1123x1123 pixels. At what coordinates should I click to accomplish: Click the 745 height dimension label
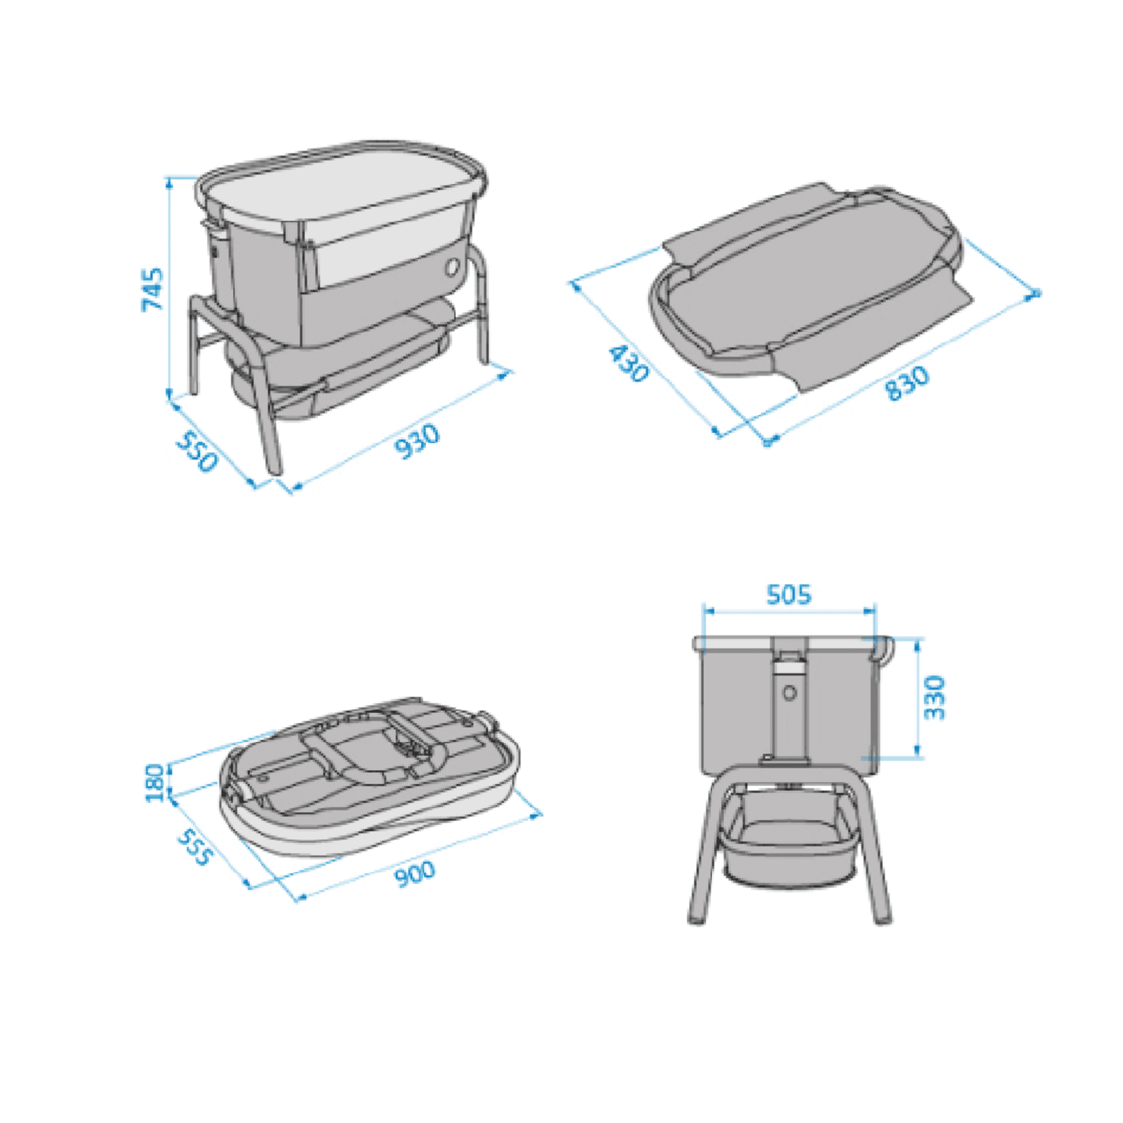click(152, 288)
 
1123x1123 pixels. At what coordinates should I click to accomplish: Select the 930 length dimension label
click(417, 442)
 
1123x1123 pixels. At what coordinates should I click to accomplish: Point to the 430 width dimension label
click(627, 363)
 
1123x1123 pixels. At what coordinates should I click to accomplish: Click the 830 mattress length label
click(907, 383)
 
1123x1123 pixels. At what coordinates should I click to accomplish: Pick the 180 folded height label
click(154, 782)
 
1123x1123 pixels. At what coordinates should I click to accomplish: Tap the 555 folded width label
click(194, 847)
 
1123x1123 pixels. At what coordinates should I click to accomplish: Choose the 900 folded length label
click(415, 875)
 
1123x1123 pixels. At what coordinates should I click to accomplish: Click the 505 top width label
click(789, 594)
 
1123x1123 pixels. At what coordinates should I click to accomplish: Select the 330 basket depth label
click(935, 698)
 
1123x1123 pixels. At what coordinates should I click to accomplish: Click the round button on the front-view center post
click(790, 693)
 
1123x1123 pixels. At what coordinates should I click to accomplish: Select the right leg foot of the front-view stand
click(882, 919)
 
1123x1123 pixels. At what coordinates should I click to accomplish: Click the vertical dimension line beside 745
click(169, 287)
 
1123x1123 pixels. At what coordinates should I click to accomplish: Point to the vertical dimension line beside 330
click(918, 698)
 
